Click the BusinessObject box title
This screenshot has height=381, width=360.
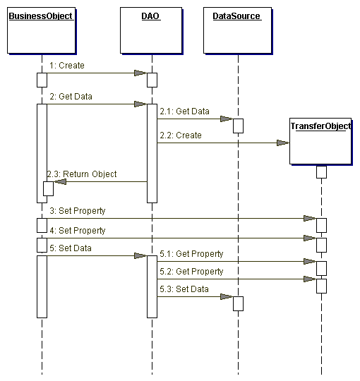tap(41, 16)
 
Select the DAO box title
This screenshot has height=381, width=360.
tap(150, 16)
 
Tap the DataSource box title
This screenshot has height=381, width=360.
tap(236, 16)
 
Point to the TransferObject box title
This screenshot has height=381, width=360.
tap(321, 126)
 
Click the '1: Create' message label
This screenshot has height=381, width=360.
tap(67, 66)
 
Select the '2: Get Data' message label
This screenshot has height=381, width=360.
tap(71, 97)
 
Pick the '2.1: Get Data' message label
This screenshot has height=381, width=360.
tap(184, 111)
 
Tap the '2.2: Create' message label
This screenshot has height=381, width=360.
tap(181, 135)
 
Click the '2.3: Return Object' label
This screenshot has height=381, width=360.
tap(82, 174)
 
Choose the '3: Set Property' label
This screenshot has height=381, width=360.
tap(78, 211)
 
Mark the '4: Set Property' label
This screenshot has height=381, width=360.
tap(78, 231)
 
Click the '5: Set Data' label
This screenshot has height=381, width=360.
tap(71, 248)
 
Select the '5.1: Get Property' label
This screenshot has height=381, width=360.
tap(191, 254)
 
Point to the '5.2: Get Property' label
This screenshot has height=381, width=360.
tap(191, 272)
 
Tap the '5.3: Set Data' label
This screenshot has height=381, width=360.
tap(184, 289)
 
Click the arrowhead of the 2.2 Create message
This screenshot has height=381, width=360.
tap(283, 143)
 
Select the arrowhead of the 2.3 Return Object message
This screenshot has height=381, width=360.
tap(60, 181)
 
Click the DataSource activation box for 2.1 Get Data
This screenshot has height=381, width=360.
tap(238, 126)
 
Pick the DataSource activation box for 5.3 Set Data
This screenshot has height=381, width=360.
tap(238, 303)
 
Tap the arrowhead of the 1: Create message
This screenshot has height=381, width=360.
tap(140, 73)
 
